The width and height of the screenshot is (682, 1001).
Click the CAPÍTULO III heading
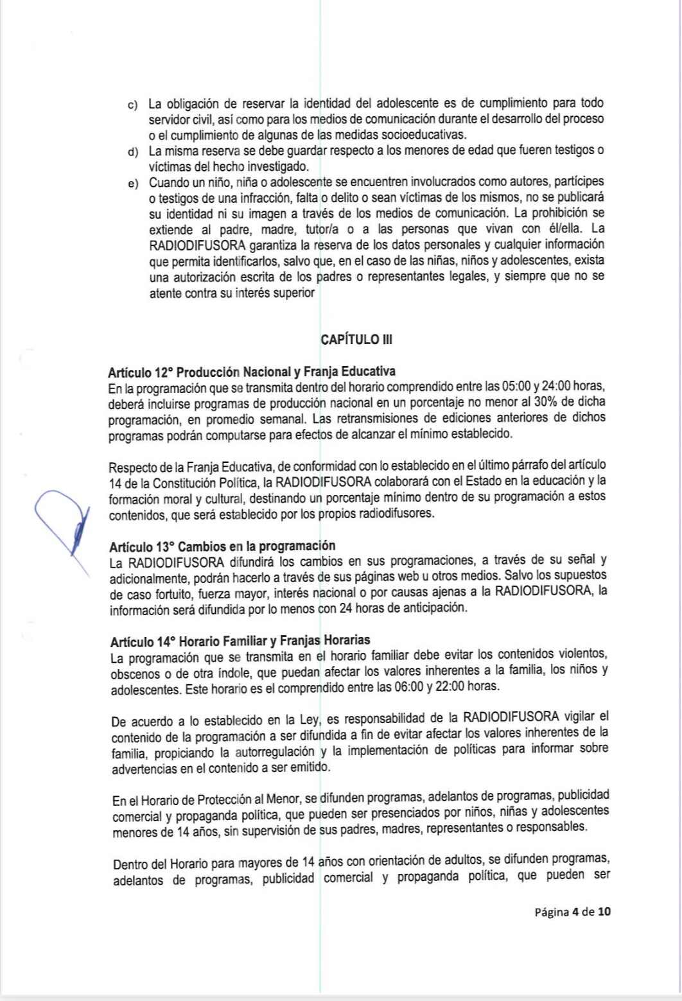356,340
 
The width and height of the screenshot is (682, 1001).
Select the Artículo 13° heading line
222,546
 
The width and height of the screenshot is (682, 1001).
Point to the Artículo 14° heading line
240,641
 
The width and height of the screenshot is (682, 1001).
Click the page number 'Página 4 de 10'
572,911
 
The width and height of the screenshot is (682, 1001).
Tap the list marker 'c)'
133,105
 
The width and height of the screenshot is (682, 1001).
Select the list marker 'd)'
133,152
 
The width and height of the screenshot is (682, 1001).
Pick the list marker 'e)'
133,184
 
